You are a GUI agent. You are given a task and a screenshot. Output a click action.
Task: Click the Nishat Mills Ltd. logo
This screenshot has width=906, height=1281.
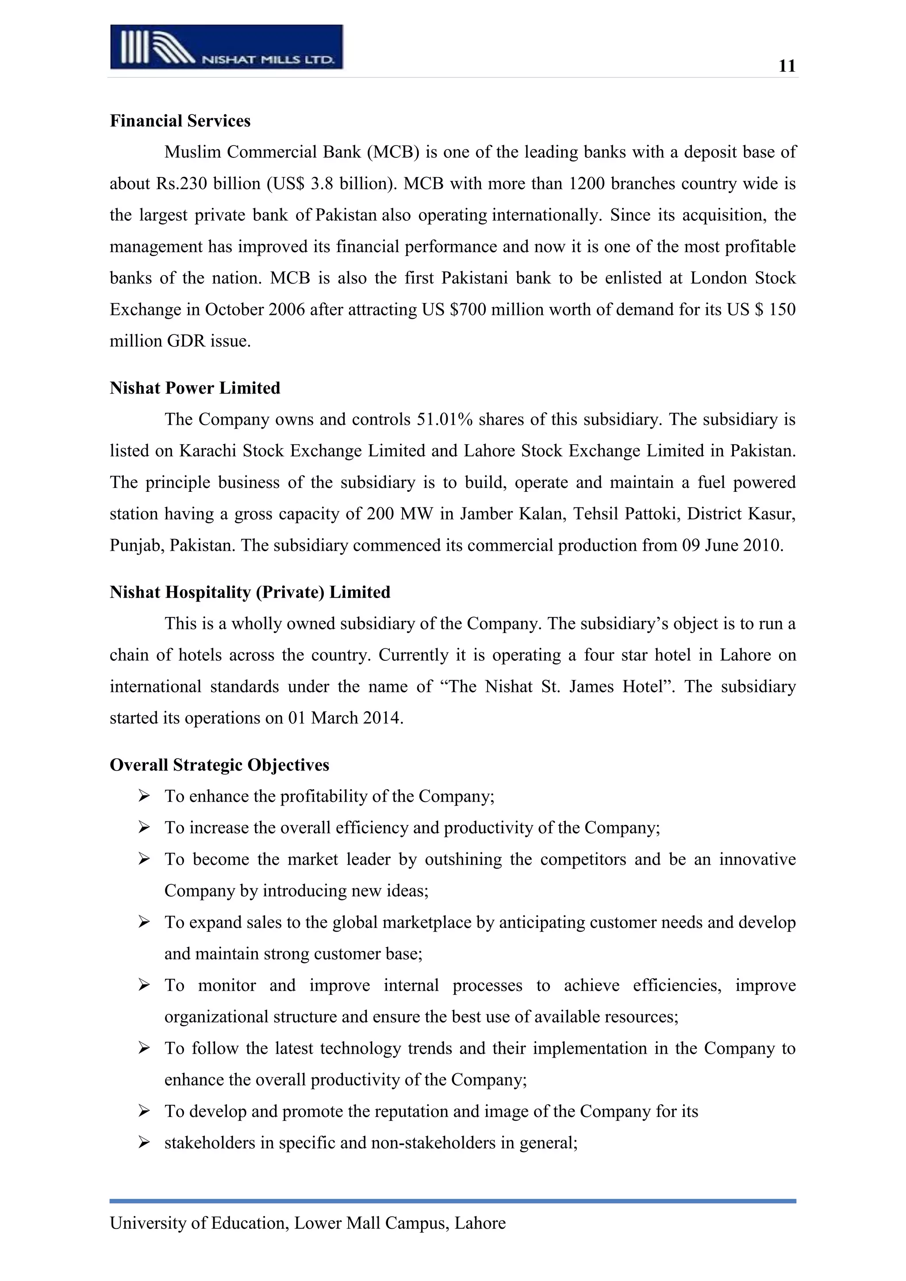pos(226,47)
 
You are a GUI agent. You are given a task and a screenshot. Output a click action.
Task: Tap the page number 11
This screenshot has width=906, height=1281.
pos(787,66)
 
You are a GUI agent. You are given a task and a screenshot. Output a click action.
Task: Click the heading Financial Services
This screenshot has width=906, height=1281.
pos(180,121)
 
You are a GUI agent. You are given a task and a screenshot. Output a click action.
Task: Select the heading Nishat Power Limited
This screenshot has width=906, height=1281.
pos(195,388)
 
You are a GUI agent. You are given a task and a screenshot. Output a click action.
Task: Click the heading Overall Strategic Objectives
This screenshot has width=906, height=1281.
pos(219,765)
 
